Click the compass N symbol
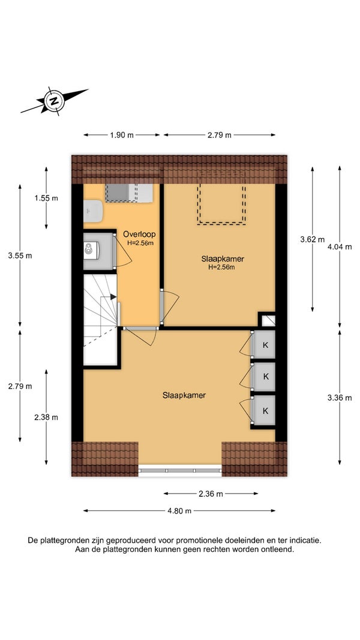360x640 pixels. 54,100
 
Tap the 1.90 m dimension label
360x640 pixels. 122,135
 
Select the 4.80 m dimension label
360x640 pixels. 179,510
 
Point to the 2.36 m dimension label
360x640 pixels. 211,494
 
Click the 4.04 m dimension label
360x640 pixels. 340,247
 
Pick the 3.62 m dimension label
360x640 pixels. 312,239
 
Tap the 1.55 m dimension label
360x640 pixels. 46,198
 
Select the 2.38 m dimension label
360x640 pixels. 46,417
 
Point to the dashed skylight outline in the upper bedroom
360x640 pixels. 221,204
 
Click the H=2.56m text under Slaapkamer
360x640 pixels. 223,268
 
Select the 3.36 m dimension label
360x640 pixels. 340,398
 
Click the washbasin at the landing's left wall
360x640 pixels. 93,211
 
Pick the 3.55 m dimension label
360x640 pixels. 20,256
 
